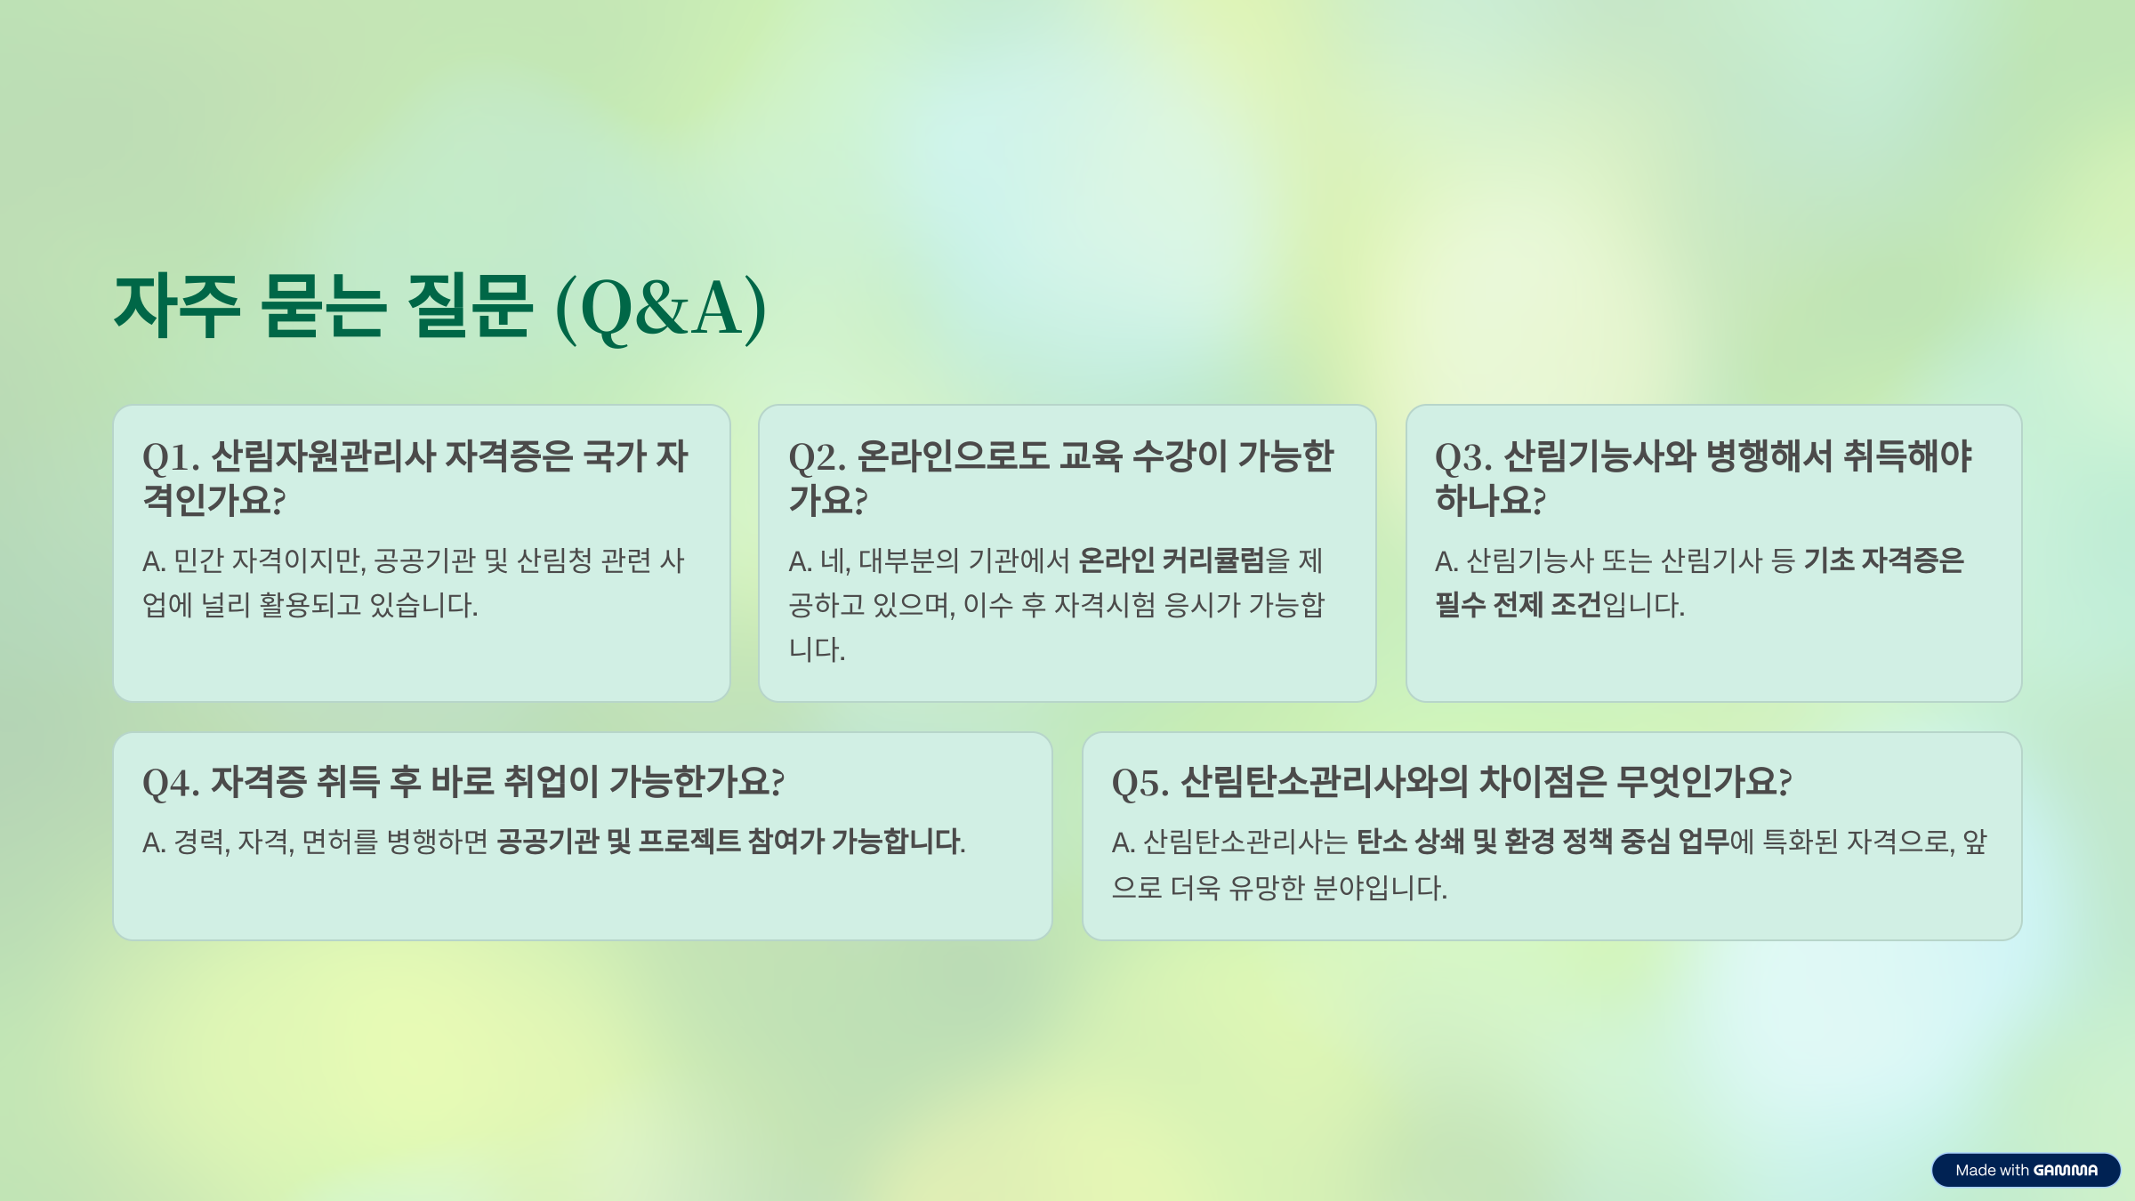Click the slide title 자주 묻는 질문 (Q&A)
click(x=439, y=308)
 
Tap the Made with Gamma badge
click(x=2026, y=1170)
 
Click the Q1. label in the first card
click(x=171, y=457)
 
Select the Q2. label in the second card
click(x=817, y=457)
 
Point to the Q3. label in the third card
click(x=1463, y=457)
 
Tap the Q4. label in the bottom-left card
click(x=171, y=783)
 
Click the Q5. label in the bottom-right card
click(x=1140, y=783)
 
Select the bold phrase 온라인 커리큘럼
click(x=1171, y=560)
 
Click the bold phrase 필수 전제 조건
click(x=1518, y=605)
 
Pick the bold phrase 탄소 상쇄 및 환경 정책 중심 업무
click(x=1543, y=842)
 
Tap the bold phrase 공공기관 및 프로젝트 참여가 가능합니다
click(x=730, y=842)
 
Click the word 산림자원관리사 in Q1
click(x=323, y=457)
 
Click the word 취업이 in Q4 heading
click(x=552, y=783)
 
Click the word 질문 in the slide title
click(x=470, y=308)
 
